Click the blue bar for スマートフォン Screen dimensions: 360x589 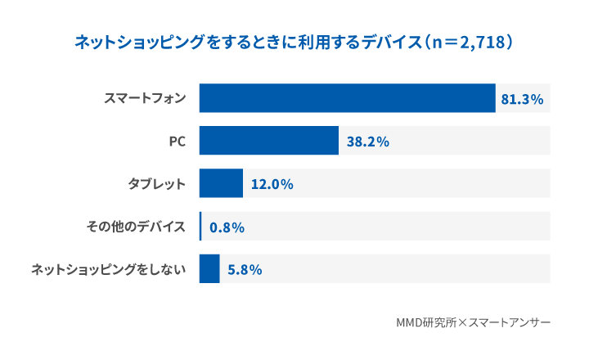click(x=348, y=98)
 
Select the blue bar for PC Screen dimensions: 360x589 click(x=269, y=141)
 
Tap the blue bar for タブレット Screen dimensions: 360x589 click(x=221, y=183)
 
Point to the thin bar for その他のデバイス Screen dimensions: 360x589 click(x=200, y=226)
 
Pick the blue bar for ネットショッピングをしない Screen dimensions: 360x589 click(x=209, y=268)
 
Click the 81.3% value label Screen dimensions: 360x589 click(x=522, y=99)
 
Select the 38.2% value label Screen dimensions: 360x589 click(x=367, y=142)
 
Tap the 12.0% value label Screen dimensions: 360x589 click(x=272, y=184)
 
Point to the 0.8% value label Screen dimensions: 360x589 click(x=227, y=227)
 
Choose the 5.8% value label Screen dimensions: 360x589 click(x=244, y=269)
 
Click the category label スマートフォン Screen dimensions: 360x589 click(x=145, y=99)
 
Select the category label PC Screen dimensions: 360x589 click(x=177, y=142)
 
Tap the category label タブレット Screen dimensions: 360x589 click(x=156, y=184)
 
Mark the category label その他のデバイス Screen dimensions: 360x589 click(x=136, y=227)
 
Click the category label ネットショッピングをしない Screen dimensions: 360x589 click(x=108, y=269)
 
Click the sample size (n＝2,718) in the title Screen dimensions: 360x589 click(x=466, y=42)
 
